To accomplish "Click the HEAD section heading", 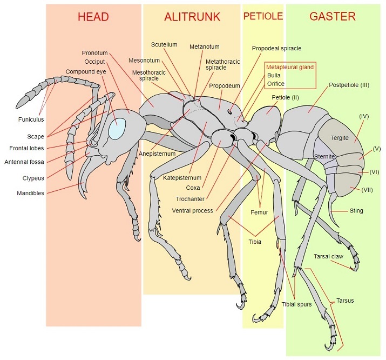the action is [93, 17].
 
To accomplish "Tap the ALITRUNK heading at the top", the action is [192, 17].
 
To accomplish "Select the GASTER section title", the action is [333, 17].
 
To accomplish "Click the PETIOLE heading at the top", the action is [263, 16].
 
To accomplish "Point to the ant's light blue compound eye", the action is [118, 128].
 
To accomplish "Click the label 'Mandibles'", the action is [30, 193].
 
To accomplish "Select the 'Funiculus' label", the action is [31, 119].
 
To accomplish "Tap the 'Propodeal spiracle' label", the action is [276, 48].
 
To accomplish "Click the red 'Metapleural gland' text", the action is [290, 67].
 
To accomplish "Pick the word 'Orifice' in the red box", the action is [276, 84].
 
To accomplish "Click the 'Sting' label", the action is [356, 211].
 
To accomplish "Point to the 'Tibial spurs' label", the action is [296, 304].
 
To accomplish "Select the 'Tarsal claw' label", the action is [328, 257].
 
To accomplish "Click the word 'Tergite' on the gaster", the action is [340, 138].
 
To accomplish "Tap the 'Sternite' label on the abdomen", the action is [324, 156].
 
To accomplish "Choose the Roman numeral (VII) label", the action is [367, 190].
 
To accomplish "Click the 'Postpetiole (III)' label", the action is [349, 85].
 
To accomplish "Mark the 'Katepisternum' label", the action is [182, 178].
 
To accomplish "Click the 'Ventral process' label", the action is [193, 211].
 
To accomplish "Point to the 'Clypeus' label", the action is [33, 178].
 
